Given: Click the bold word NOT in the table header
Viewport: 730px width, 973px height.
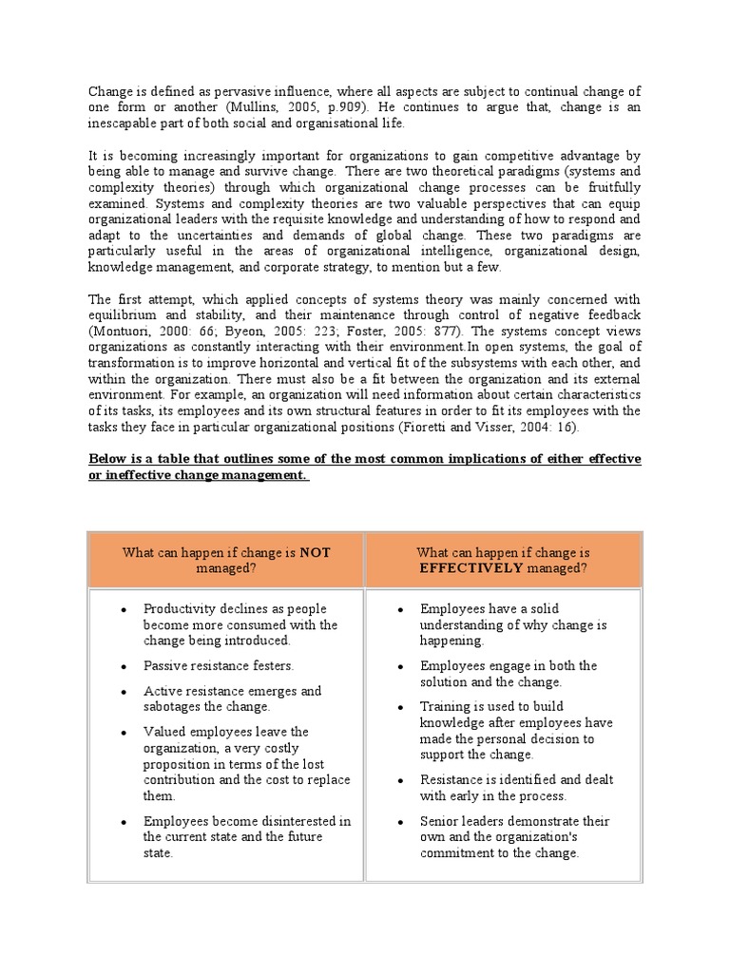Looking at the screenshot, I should (314, 552).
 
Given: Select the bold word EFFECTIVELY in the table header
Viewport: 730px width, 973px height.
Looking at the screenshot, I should (470, 568).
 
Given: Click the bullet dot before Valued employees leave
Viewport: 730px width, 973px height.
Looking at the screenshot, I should (124, 733).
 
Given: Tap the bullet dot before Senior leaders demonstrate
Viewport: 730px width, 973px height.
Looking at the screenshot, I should (401, 821).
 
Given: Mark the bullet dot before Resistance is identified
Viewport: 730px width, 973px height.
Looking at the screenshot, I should (401, 780).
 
